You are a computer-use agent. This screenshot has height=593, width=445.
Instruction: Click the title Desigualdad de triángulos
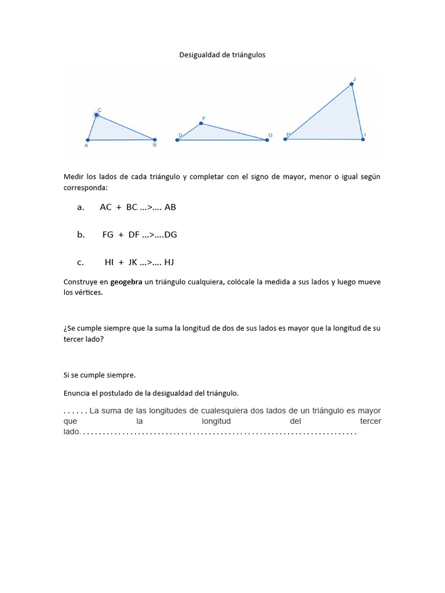pyautogui.click(x=222, y=55)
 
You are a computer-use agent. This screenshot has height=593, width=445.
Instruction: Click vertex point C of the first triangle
pyautogui.click(x=97, y=115)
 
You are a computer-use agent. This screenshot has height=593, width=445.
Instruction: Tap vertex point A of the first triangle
pyautogui.click(x=87, y=140)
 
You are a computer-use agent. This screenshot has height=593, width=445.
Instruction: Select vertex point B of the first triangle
pyautogui.click(x=155, y=140)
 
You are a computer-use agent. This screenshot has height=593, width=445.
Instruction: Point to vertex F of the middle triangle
pyautogui.click(x=201, y=123)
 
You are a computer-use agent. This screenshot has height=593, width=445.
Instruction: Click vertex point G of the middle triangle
pyautogui.click(x=267, y=140)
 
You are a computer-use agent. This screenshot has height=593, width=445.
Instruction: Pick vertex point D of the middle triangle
pyautogui.click(x=177, y=140)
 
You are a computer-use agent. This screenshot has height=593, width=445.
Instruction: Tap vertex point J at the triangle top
pyautogui.click(x=352, y=85)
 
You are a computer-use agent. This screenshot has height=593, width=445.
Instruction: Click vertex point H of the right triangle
pyautogui.click(x=285, y=139)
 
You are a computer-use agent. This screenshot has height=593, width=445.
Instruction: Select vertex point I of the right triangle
pyautogui.click(x=363, y=139)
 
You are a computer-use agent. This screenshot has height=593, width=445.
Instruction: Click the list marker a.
pyautogui.click(x=81, y=207)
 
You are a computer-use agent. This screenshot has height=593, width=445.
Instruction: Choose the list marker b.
pyautogui.click(x=81, y=235)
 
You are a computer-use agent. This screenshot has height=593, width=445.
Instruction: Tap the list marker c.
pyautogui.click(x=81, y=262)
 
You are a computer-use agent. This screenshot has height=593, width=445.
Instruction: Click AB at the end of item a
pyautogui.click(x=170, y=207)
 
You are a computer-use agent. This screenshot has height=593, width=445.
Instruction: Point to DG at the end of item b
pyautogui.click(x=171, y=235)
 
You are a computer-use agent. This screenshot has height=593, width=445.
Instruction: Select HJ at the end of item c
pyautogui.click(x=169, y=262)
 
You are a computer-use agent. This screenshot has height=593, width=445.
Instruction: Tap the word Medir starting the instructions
pyautogui.click(x=74, y=177)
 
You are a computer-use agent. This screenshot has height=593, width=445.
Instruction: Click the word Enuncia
pyautogui.click(x=78, y=393)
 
